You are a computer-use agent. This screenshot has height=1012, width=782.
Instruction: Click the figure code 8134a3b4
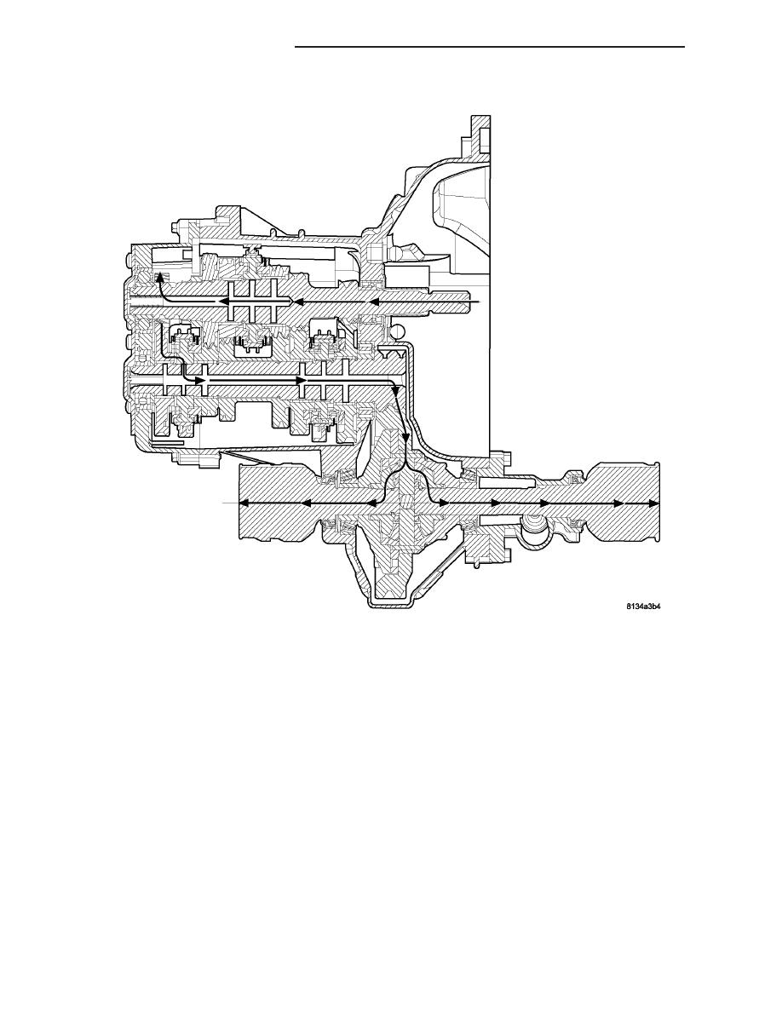(643, 607)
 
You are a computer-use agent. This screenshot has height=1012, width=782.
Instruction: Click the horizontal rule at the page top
(489, 47)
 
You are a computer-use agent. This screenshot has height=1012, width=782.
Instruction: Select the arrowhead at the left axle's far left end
(244, 503)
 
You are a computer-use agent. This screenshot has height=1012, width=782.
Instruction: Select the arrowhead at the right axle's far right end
(653, 503)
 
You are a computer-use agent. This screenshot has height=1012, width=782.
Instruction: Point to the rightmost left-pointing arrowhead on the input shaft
(373, 302)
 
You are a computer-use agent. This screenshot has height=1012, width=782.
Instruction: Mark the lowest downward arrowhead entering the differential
(405, 436)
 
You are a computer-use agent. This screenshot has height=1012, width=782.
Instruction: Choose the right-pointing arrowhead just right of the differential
(445, 503)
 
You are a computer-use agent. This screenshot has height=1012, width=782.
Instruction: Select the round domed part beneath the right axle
(533, 529)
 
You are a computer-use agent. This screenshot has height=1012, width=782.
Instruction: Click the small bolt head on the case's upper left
(174, 228)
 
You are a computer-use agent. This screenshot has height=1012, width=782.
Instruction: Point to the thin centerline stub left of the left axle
(230, 502)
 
